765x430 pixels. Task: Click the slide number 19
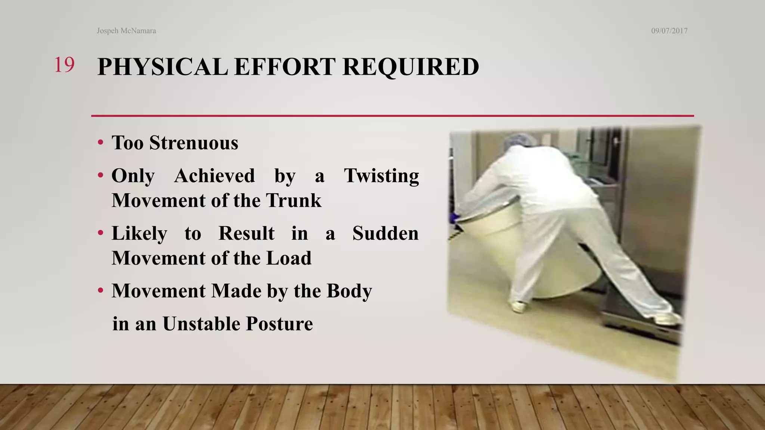64,65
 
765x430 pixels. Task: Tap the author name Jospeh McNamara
126,31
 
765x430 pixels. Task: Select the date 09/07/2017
669,31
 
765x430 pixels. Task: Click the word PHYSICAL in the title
162,67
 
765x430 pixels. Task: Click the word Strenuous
193,143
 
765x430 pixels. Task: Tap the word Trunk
294,200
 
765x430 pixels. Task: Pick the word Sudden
385,233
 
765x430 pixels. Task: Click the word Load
289,258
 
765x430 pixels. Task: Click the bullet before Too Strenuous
100,143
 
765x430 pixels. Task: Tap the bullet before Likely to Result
100,234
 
